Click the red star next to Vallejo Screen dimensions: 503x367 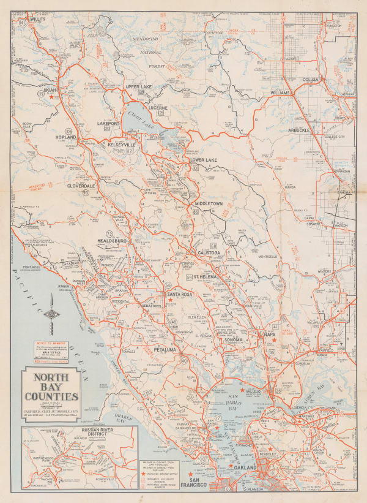coord(242,390)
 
